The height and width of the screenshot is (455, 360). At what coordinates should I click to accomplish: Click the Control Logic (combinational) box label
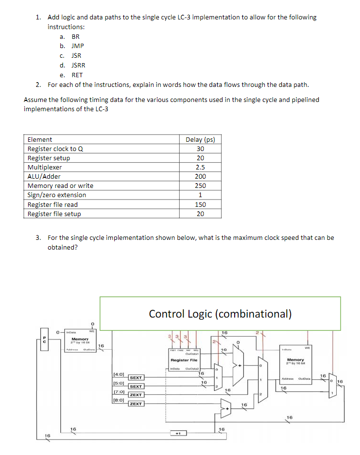coord(220,314)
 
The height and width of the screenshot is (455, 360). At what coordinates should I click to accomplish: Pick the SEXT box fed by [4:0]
coord(136,377)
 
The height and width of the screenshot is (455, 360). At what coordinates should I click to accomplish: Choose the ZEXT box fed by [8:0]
coord(136,404)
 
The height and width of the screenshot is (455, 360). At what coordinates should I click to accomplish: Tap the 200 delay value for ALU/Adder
coord(201,176)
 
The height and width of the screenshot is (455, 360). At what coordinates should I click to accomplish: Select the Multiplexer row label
coord(48,167)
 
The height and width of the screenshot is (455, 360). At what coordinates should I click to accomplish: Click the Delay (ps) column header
coord(200,139)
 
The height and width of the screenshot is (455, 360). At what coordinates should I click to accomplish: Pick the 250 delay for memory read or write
coord(201,185)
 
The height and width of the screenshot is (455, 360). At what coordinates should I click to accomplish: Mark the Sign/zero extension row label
coord(57,195)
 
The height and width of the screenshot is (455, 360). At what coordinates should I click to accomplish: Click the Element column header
coord(40,139)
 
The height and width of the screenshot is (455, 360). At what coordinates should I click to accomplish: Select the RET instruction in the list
coord(77,75)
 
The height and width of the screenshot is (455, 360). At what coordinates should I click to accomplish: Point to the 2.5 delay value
coord(201,167)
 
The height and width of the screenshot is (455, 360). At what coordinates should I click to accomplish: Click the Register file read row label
coord(52,204)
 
